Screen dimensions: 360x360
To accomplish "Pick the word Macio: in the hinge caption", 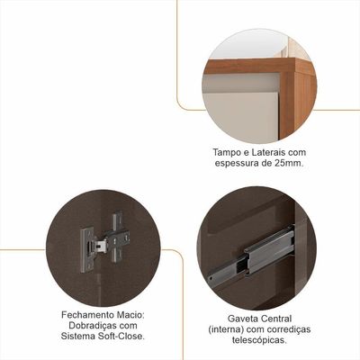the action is tap(131, 315).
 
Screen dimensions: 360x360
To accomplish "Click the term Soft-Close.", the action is tap(121, 337).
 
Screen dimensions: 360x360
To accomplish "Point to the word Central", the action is tap(276, 319).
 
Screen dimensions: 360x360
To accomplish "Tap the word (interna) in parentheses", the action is tap(226, 329).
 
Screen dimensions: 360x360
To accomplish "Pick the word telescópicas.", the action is tap(258, 340).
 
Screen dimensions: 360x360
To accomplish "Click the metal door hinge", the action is tap(104, 241).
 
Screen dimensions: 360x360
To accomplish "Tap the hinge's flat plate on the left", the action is tap(85, 250).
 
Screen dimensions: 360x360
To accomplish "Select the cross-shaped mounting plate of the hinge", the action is tap(118, 237).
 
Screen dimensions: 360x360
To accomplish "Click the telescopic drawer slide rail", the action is tap(249, 256).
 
